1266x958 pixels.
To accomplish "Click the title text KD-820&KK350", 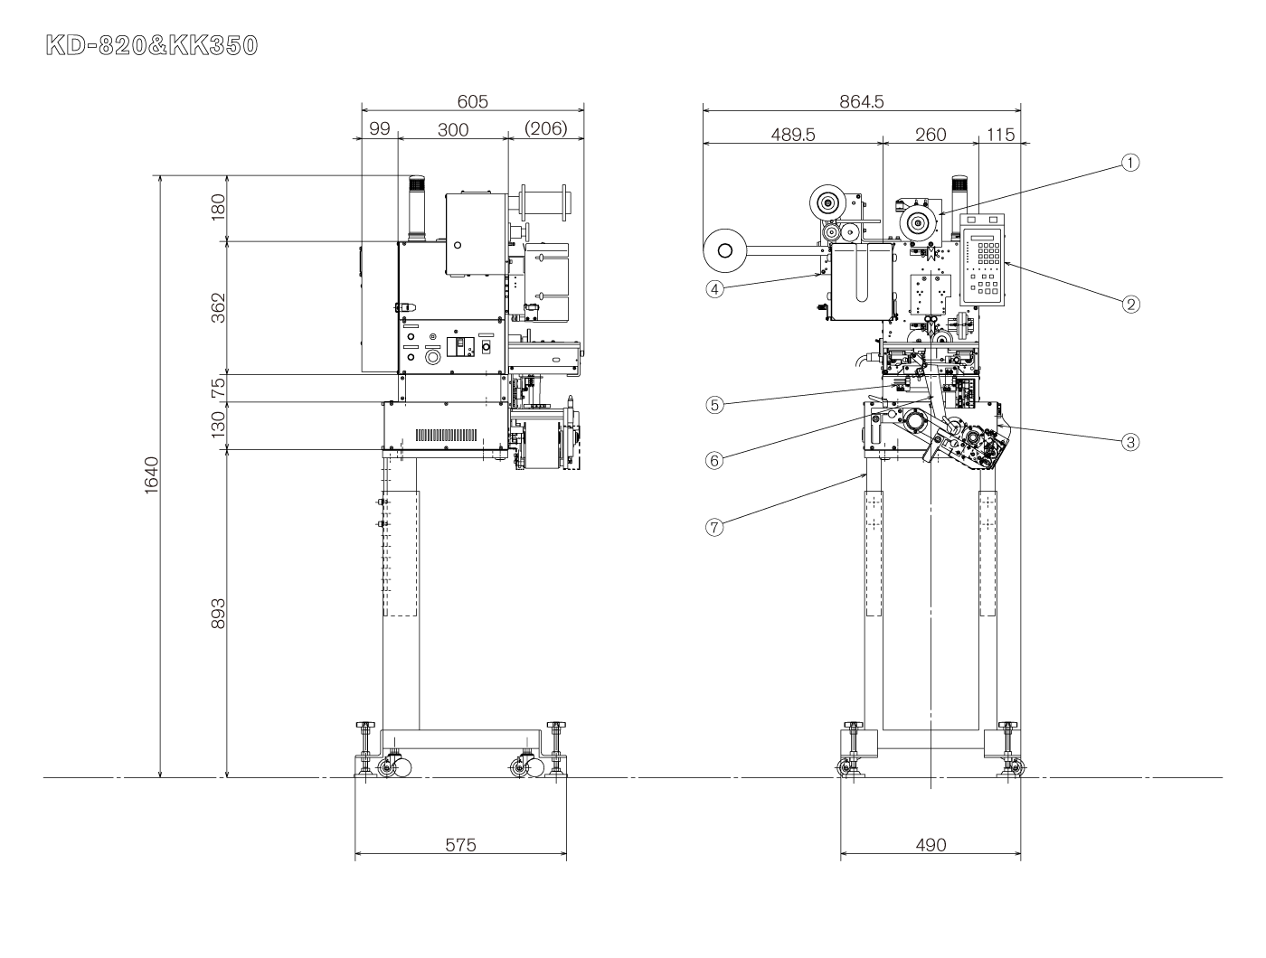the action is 152,45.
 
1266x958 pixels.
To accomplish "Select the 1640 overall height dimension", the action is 151,475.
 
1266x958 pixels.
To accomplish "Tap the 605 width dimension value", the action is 472,101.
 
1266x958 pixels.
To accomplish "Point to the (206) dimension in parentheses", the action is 545,128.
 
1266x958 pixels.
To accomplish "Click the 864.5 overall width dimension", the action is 861,101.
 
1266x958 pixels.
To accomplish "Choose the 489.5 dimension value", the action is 792,135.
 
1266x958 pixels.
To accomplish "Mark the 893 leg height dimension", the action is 218,614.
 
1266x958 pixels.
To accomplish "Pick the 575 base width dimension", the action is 461,844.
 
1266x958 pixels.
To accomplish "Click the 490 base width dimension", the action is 931,844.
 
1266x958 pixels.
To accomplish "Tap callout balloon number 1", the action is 1129,163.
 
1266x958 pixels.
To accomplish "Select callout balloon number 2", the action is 1130,304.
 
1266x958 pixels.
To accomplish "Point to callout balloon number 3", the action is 1129,442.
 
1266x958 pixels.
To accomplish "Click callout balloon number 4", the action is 714,289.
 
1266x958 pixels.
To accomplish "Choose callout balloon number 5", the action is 714,405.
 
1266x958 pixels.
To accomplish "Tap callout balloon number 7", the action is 714,527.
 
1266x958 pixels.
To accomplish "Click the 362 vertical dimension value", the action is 218,308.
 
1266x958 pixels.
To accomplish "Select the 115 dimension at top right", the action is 1000,135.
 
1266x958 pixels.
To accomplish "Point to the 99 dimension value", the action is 380,128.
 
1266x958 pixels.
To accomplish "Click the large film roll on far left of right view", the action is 725,250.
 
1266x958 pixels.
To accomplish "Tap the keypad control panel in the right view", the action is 982,260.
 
